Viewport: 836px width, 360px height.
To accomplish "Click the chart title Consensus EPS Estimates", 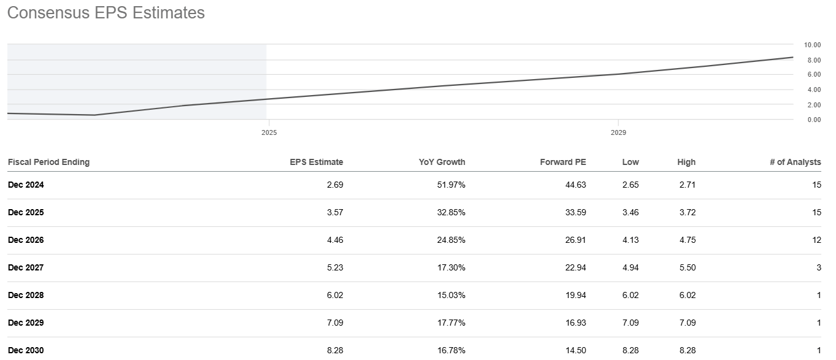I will [x=105, y=13].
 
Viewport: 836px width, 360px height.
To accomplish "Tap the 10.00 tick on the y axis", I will [x=812, y=45].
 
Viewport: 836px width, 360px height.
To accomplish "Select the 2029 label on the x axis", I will [x=618, y=132].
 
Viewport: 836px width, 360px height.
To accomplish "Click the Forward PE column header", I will [x=562, y=162].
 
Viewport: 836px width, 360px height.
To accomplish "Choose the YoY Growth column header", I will [x=442, y=162].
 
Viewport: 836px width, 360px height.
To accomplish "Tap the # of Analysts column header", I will [x=795, y=162].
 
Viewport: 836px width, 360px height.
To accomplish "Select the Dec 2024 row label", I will [x=26, y=185].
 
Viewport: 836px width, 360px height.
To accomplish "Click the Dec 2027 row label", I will [x=26, y=267].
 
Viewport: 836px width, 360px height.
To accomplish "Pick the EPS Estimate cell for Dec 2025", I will [x=334, y=212].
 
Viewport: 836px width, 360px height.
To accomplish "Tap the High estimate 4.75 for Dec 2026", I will [x=686, y=240].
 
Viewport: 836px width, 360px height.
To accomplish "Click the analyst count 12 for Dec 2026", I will [x=816, y=240].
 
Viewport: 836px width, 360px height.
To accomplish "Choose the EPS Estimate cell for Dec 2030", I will [x=334, y=350].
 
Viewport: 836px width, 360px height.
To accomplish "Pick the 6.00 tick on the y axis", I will [x=812, y=74].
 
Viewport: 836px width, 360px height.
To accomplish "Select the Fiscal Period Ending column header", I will [x=48, y=162].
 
